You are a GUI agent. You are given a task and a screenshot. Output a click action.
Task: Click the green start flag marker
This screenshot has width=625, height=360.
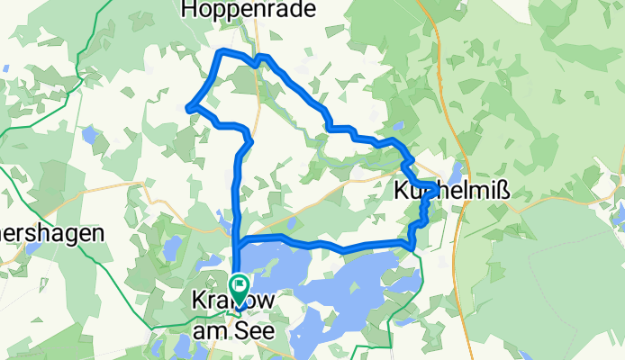[x=240, y=286]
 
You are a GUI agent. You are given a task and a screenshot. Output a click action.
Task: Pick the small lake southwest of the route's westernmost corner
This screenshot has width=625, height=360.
[x=90, y=136]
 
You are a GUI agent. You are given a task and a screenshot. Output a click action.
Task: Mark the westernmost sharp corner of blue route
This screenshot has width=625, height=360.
[x=188, y=109]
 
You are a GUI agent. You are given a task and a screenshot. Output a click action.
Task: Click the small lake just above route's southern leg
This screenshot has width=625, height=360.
[x=292, y=222]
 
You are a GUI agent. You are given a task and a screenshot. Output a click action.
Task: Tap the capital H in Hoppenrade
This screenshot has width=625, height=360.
[x=190, y=9]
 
